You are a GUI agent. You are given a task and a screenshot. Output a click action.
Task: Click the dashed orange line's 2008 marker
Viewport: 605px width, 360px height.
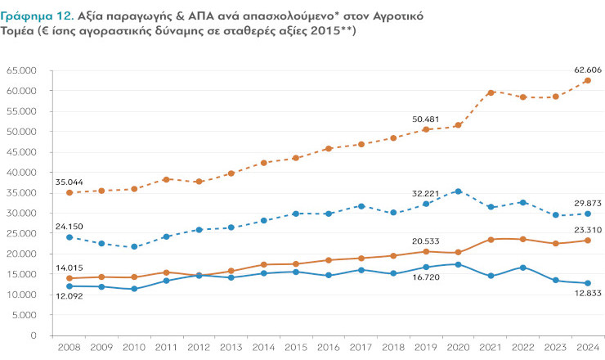[x=69, y=192]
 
